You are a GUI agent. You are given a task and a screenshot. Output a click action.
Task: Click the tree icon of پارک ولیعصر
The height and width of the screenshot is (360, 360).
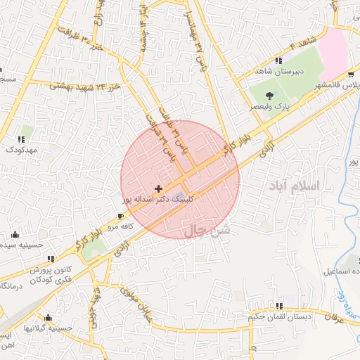coord(270,95)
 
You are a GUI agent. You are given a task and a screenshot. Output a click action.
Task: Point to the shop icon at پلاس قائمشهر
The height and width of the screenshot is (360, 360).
coord(351,75)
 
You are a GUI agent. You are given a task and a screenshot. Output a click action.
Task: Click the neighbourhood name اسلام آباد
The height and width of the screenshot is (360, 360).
coord(294,186)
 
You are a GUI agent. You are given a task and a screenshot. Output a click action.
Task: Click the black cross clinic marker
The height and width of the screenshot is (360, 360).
coord(158,188)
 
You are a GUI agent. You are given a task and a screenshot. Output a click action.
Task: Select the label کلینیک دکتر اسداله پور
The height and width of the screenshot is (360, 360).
coord(166,200)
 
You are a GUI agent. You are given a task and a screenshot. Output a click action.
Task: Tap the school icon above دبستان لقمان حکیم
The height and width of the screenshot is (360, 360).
coord(280,306)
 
